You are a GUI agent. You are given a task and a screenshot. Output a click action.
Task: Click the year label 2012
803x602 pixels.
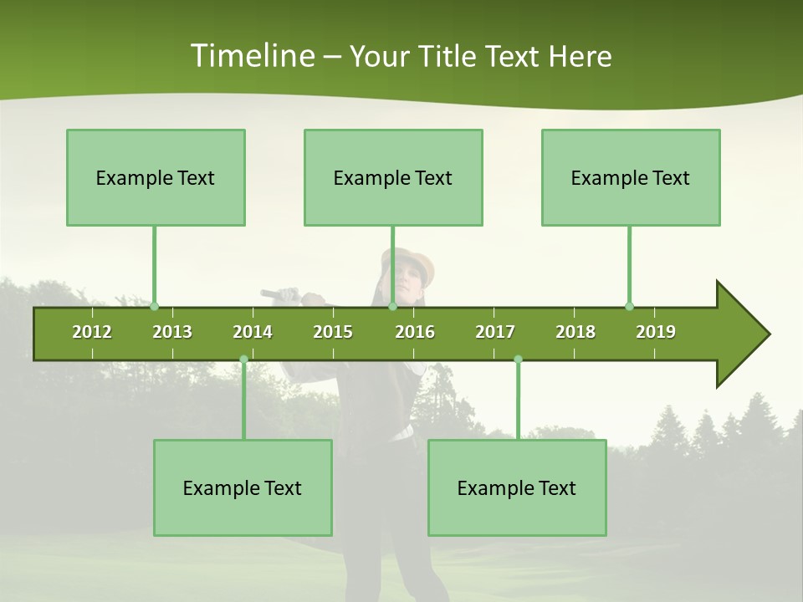(x=92, y=332)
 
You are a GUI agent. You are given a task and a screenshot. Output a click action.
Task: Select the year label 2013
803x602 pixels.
(x=172, y=332)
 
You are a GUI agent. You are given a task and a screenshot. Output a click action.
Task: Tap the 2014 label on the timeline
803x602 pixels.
(x=253, y=332)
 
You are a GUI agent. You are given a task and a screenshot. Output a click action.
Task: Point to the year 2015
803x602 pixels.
(x=333, y=332)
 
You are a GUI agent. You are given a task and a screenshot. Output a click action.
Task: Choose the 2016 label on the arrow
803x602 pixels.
(x=415, y=332)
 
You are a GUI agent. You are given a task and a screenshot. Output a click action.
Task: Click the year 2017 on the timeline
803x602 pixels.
(x=495, y=332)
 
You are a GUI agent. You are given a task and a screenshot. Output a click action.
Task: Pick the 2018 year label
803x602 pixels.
(x=575, y=332)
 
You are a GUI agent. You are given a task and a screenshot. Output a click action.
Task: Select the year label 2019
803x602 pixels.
(x=656, y=332)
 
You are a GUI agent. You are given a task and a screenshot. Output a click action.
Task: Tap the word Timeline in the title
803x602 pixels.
(x=251, y=56)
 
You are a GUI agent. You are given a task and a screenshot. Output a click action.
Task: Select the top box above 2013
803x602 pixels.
(x=156, y=177)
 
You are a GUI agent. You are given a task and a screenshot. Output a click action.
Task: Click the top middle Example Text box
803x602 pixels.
(x=393, y=177)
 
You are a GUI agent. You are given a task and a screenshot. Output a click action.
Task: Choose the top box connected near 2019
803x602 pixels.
(x=631, y=177)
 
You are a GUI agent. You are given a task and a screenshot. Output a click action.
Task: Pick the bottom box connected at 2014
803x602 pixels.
(x=243, y=487)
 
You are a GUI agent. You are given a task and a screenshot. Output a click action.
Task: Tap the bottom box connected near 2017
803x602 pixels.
(x=517, y=487)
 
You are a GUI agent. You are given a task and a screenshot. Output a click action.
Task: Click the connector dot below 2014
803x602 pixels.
(x=243, y=360)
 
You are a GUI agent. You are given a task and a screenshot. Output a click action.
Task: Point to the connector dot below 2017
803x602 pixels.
(x=518, y=360)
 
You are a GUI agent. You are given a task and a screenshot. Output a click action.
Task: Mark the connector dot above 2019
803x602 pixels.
(x=629, y=306)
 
